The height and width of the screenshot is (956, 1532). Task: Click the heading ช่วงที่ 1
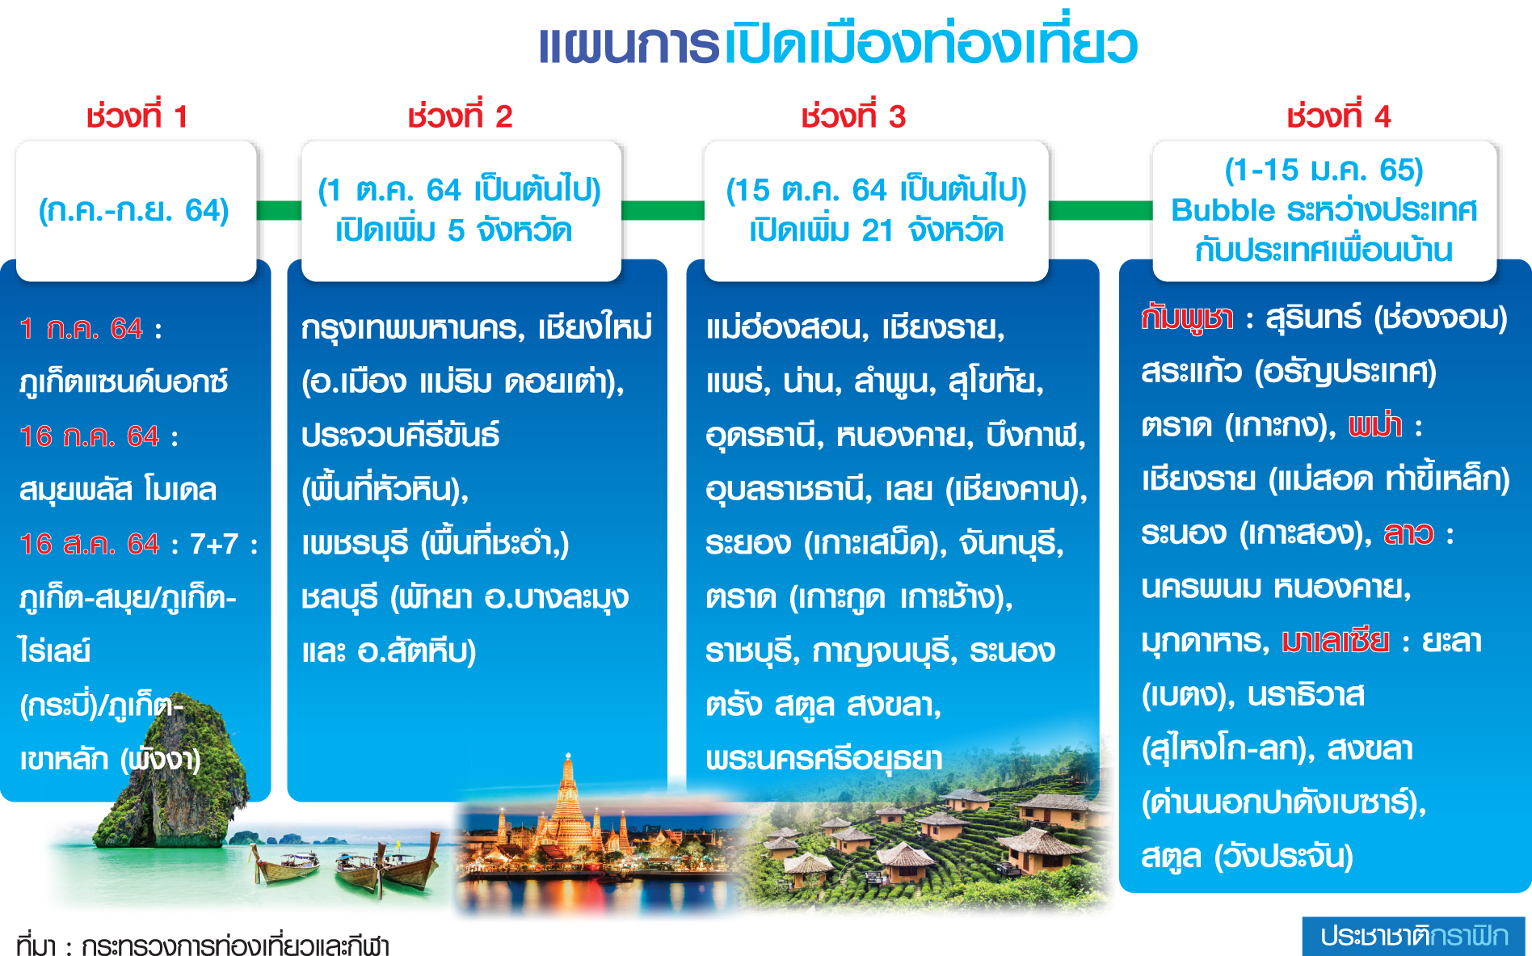[x=137, y=116]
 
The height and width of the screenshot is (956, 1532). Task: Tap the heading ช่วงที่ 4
[x=1338, y=116]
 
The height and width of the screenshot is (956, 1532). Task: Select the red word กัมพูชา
[x=1187, y=318]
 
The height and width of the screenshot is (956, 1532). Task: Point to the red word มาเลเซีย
[x=1336, y=641]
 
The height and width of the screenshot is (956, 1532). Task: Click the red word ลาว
[x=1408, y=533]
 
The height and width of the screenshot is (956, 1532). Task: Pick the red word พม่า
[x=1375, y=425]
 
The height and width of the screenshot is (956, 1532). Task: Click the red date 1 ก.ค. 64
[x=81, y=329]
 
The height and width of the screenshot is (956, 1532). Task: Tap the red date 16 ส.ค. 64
[x=90, y=544]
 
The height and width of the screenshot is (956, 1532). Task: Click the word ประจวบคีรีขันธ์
[x=400, y=436]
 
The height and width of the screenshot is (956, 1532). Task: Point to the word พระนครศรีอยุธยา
[x=824, y=759]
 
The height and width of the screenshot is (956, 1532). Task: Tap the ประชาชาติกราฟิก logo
[x=1414, y=936]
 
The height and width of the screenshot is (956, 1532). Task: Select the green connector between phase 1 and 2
[x=279, y=210]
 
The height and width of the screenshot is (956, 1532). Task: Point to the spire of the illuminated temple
[x=569, y=776]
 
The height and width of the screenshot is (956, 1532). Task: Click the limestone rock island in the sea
[x=178, y=776]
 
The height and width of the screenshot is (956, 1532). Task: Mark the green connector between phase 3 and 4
[x=1101, y=210]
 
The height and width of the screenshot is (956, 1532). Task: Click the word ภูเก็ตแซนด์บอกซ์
[x=124, y=381]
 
